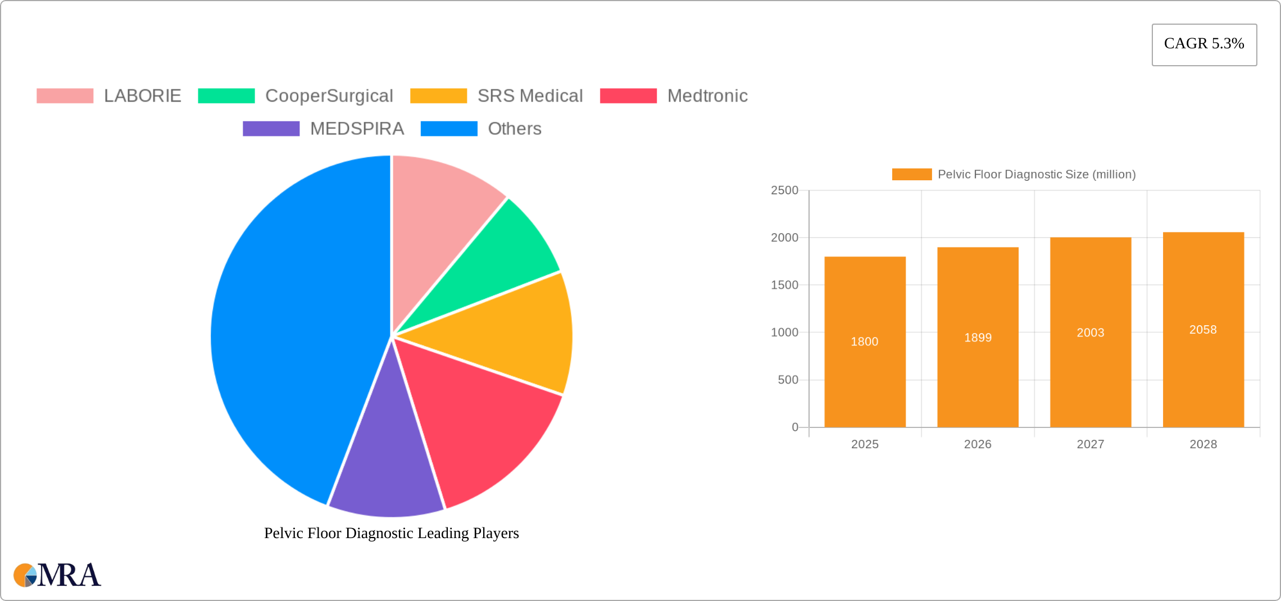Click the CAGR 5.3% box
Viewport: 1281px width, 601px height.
[1204, 44]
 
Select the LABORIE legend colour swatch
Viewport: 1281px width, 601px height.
[65, 96]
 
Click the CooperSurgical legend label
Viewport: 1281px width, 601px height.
[329, 96]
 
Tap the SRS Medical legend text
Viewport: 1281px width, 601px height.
[530, 96]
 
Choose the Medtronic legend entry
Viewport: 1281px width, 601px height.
[707, 96]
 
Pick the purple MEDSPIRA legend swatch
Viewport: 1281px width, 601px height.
[271, 129]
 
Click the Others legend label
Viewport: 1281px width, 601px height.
[514, 129]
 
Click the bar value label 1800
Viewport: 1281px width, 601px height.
[864, 342]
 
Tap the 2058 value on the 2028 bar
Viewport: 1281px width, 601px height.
[1202, 330]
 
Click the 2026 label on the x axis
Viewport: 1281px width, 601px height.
[977, 444]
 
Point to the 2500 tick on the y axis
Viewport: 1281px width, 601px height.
[784, 190]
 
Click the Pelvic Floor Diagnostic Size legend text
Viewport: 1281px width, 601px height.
[1036, 175]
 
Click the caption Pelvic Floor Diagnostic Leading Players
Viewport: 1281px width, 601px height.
[391, 533]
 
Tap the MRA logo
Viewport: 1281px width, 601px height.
[57, 575]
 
